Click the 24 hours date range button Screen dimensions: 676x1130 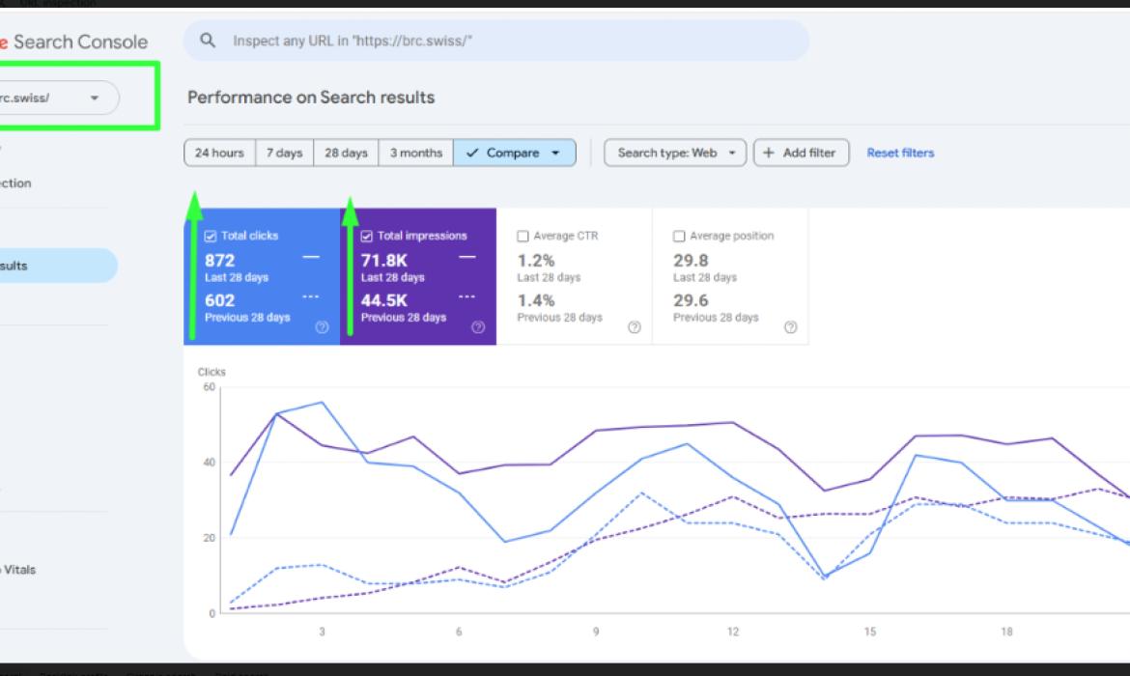point(219,153)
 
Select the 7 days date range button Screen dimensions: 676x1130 point(284,153)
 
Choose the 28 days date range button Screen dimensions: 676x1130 point(346,153)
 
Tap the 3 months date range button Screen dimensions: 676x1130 point(415,153)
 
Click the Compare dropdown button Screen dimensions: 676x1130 point(514,153)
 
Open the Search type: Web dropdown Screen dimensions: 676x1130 point(674,153)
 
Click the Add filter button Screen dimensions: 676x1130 point(801,153)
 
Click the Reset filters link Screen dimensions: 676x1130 point(900,153)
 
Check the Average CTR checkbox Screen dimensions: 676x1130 point(523,236)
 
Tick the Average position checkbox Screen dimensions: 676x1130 point(679,236)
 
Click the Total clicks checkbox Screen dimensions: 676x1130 point(211,236)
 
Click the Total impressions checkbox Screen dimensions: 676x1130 point(367,236)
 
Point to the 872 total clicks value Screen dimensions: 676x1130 point(220,260)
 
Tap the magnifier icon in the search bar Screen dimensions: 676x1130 point(208,41)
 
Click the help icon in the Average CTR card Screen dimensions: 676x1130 point(635,327)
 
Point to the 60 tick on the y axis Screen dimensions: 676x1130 point(210,386)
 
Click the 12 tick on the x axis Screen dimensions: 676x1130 point(733,632)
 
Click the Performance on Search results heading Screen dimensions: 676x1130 point(311,98)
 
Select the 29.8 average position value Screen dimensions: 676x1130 point(691,260)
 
